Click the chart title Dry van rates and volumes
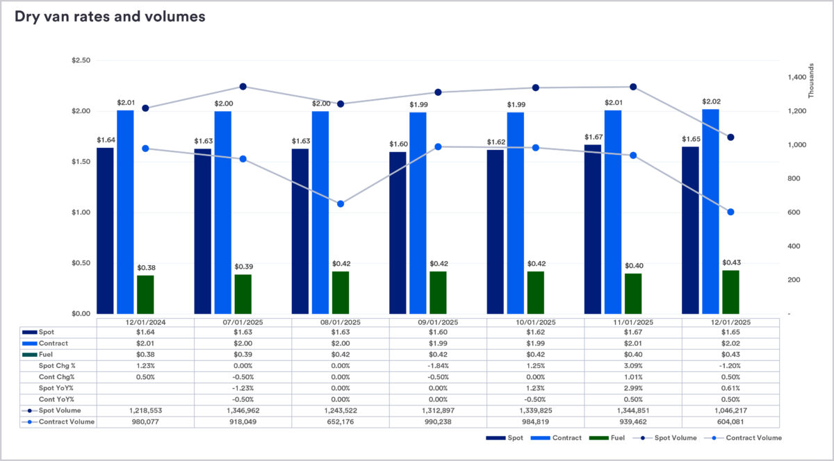(x=110, y=17)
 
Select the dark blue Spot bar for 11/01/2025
(x=593, y=229)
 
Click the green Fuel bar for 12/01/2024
(x=145, y=294)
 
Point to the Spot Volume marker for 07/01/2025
(x=243, y=87)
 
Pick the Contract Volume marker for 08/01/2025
(x=341, y=204)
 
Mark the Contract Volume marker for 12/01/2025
(x=730, y=212)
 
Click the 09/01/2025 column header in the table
(x=438, y=322)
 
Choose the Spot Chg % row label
(x=56, y=365)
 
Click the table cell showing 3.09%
(x=633, y=365)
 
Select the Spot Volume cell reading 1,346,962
(x=243, y=410)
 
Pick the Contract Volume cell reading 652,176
(x=341, y=421)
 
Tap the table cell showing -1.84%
(x=438, y=365)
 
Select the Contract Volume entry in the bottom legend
(x=753, y=438)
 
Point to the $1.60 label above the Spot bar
(x=398, y=144)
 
